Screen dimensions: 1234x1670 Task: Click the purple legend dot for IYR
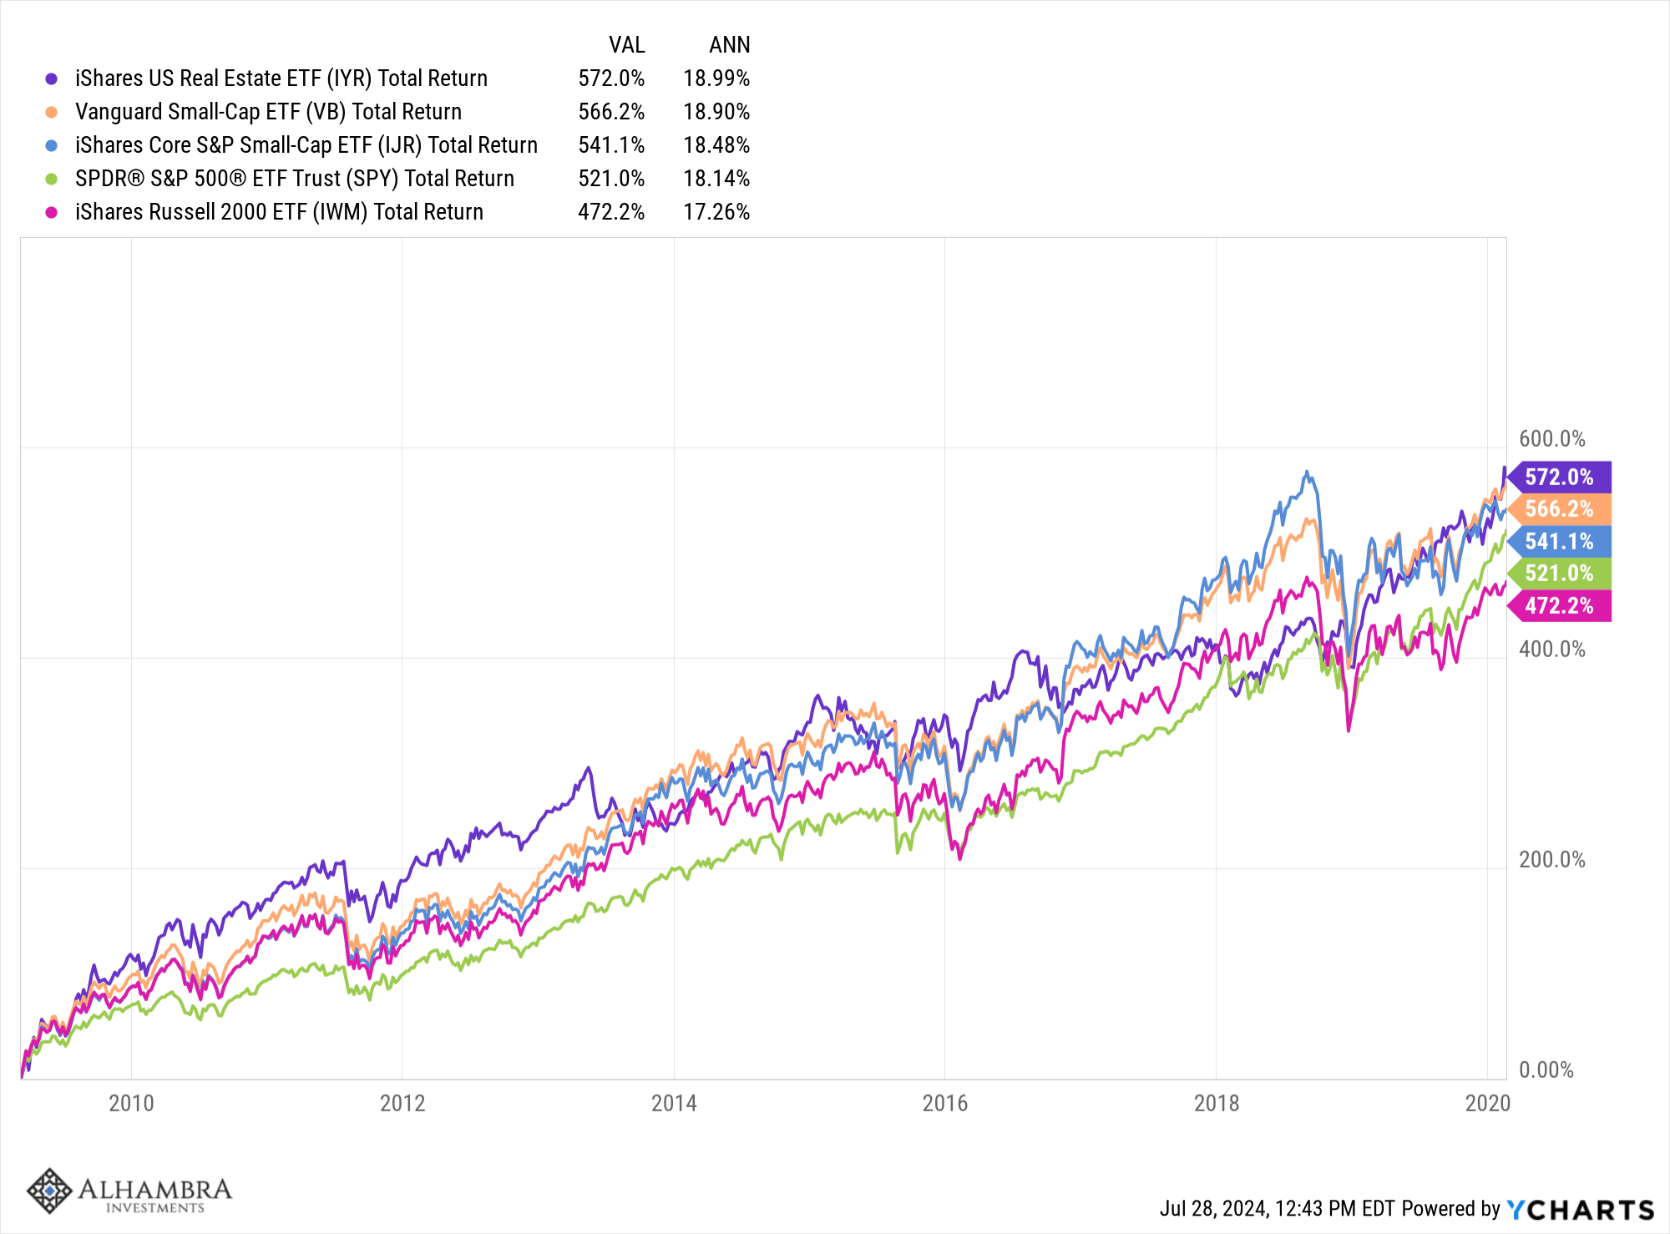(x=52, y=78)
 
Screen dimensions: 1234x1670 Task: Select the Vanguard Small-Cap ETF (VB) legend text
(x=268, y=112)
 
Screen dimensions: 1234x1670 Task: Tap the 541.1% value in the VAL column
(x=611, y=145)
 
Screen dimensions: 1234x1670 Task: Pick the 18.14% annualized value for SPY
(x=716, y=179)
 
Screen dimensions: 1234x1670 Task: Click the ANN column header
(x=730, y=45)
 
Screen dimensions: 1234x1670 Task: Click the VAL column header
(x=626, y=45)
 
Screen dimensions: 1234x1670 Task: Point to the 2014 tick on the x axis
(x=674, y=1103)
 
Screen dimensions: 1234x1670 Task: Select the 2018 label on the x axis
(x=1217, y=1103)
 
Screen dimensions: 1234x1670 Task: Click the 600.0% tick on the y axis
(x=1552, y=439)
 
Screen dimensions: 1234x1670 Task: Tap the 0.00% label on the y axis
(x=1546, y=1070)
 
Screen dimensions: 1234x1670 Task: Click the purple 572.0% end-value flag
(x=1560, y=478)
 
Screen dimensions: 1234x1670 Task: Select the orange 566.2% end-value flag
(x=1560, y=509)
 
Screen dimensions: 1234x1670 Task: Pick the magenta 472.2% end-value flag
(x=1560, y=605)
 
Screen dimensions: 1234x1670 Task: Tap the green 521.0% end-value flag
(x=1560, y=574)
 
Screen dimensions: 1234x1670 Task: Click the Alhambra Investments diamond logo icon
(x=49, y=1191)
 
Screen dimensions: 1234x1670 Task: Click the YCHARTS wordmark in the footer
(x=1580, y=1209)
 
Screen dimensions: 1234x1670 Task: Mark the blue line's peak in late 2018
(x=1307, y=473)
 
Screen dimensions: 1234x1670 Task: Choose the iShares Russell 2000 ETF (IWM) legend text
(x=279, y=212)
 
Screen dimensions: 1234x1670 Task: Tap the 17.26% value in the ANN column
(x=716, y=212)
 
